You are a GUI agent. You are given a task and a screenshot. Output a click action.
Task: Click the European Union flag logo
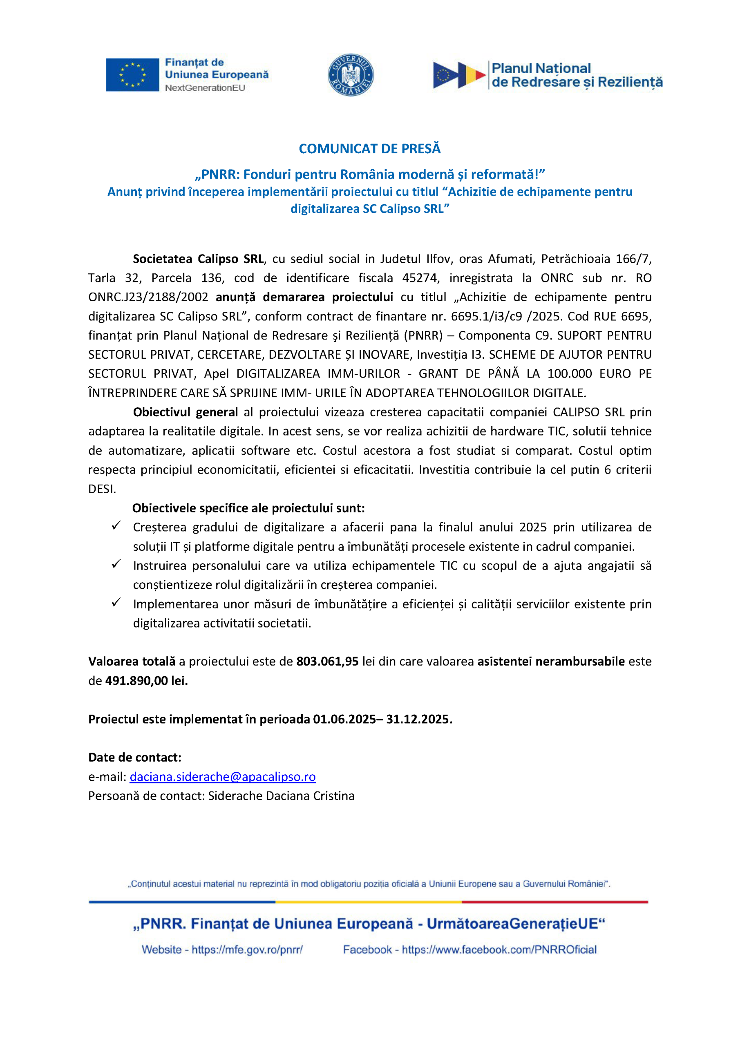click(132, 75)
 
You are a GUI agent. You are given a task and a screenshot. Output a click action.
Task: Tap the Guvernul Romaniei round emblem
click(351, 75)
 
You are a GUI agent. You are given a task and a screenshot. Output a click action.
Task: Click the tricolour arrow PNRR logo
click(459, 75)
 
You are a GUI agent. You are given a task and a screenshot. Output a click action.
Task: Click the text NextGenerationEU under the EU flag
click(205, 88)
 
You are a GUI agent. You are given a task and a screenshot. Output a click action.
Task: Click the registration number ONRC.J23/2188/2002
click(148, 297)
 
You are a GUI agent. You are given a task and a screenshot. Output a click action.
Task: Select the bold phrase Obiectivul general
click(185, 412)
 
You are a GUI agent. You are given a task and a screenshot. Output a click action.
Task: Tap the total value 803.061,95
click(327, 662)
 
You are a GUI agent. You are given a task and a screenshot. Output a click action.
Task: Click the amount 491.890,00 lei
click(146, 681)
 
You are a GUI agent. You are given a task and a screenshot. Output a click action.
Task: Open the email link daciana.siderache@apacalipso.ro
click(222, 777)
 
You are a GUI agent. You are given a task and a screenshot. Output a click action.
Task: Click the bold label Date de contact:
click(135, 758)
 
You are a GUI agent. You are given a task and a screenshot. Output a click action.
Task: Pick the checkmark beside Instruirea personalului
click(116, 564)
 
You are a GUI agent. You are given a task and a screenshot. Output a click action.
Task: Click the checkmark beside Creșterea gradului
click(116, 526)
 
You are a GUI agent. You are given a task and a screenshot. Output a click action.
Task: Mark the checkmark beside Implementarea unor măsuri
click(116, 602)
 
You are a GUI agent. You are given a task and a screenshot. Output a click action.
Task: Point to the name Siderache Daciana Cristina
click(281, 796)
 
